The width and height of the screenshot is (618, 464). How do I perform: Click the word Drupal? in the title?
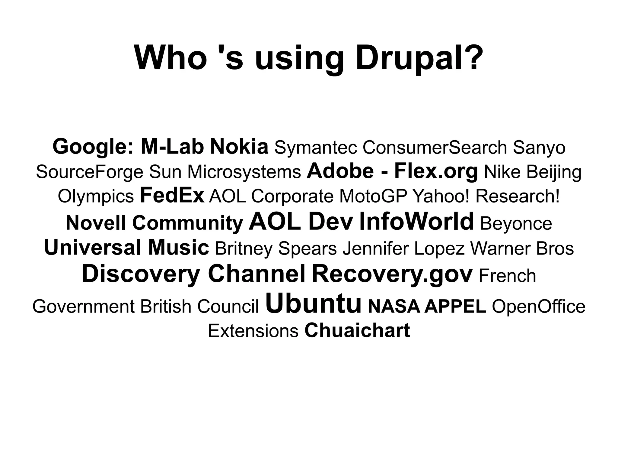pos(418,58)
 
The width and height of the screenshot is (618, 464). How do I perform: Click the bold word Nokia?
pos(239,147)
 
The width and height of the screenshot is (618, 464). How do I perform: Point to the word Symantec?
pos(315,148)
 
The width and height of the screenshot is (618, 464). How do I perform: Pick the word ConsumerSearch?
pos(435,147)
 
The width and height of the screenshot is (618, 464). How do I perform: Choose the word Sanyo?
pos(539,148)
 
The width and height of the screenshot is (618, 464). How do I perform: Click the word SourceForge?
pos(89,172)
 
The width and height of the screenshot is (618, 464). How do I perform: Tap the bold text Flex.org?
pos(436,171)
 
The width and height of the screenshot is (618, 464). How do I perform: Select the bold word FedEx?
pos(172,196)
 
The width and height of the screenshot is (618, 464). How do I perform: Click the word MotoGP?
pos(373,196)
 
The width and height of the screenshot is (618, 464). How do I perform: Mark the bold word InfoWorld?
pos(416,221)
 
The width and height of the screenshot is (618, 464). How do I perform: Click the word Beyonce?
pos(516,223)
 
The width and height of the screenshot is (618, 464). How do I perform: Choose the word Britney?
pos(244,249)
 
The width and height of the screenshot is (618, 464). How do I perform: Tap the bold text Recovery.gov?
pos(392,273)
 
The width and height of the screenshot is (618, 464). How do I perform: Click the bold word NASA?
pos(394,306)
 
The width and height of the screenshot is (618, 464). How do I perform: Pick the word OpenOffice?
pos(539,306)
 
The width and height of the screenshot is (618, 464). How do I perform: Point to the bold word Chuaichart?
pos(357,330)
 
